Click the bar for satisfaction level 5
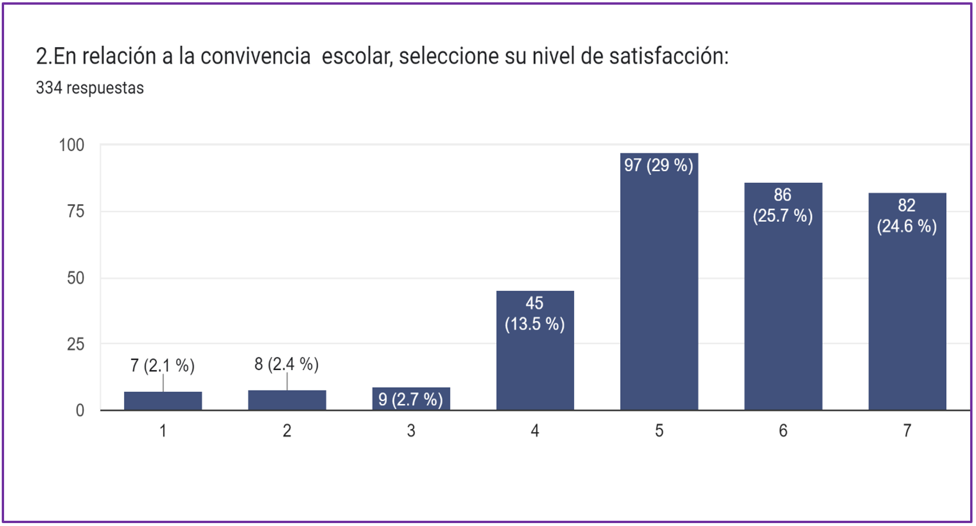tap(659, 292)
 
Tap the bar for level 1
tap(163, 401)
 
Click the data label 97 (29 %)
tap(659, 165)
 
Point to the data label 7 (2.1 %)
tap(162, 365)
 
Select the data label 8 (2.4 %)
tap(286, 364)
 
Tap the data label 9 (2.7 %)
tap(411, 399)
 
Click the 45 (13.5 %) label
tap(534, 313)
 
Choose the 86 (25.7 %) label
tap(782, 205)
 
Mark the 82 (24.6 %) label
tap(907, 216)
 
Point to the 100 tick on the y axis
tap(71, 145)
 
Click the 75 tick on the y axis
tap(75, 211)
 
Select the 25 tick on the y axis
tap(75, 344)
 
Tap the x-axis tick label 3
tap(411, 431)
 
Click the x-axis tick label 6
tap(783, 431)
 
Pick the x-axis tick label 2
tap(287, 431)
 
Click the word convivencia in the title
tap(255, 56)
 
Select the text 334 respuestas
tap(90, 88)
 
